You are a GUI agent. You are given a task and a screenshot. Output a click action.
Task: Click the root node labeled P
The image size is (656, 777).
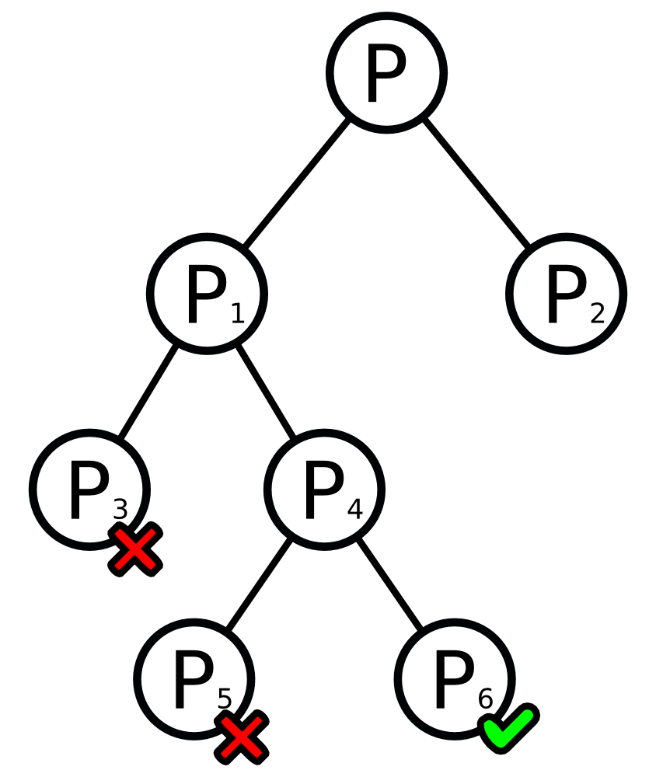[x=386, y=72]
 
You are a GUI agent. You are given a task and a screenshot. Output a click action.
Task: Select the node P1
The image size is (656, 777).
[x=207, y=293]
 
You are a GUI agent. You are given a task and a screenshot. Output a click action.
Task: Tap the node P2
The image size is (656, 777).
[x=567, y=293]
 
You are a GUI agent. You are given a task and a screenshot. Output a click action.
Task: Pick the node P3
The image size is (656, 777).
[x=89, y=489]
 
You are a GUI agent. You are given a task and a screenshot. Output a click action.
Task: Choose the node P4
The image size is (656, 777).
[x=324, y=489]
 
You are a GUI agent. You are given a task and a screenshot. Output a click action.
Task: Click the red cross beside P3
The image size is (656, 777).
[x=135, y=549]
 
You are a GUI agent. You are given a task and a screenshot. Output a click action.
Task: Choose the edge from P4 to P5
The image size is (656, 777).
[x=258, y=584]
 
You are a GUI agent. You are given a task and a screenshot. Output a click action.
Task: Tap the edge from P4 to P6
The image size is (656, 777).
[x=389, y=584]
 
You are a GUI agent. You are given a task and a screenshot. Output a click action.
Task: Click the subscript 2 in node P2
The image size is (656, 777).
[x=597, y=314]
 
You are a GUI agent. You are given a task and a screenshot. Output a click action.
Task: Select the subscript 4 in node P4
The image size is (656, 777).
[x=354, y=510]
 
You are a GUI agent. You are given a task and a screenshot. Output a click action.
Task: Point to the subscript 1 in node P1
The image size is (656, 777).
[x=237, y=314]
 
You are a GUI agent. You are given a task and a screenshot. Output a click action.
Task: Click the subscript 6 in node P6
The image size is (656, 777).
[x=485, y=699]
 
